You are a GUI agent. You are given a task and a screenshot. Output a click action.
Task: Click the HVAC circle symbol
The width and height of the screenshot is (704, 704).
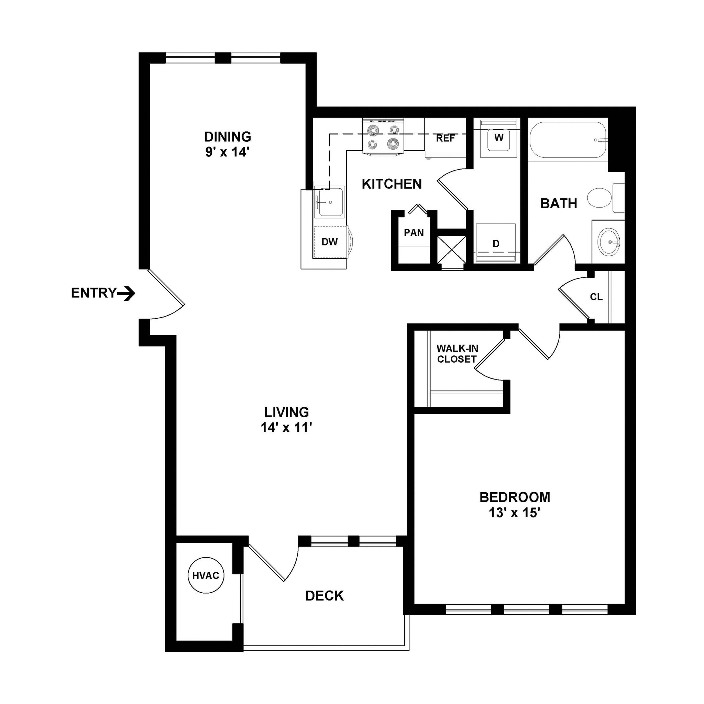coord(206,575)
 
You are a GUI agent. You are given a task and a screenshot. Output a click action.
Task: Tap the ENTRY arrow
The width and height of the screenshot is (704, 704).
coord(127,293)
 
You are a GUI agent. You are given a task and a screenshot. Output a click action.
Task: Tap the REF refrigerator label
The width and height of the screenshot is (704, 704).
coord(445,139)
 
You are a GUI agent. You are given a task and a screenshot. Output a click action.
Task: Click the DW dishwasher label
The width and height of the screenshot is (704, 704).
coord(329,242)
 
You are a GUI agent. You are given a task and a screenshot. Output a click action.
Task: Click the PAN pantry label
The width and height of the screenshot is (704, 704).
coord(414,232)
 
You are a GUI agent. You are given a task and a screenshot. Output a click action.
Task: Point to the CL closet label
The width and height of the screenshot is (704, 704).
coord(596,297)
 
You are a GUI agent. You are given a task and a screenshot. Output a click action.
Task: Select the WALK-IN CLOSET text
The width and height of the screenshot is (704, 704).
coord(457,354)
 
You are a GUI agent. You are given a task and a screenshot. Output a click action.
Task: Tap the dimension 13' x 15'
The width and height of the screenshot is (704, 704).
coord(514,513)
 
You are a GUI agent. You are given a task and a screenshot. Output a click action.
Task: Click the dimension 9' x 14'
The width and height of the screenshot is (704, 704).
coord(227,152)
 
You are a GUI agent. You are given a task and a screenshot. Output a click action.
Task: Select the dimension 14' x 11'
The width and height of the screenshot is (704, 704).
coord(286,427)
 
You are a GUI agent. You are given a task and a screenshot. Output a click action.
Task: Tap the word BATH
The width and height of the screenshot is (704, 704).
coord(558,203)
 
